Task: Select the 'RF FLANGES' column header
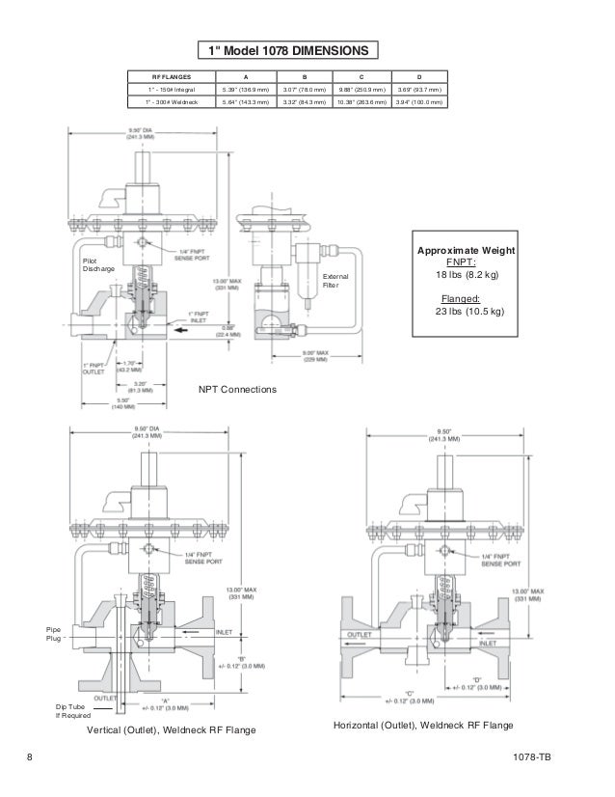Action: click(172, 74)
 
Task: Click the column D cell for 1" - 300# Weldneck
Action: click(418, 99)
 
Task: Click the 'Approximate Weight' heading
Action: click(466, 249)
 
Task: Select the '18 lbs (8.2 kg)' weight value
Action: click(466, 275)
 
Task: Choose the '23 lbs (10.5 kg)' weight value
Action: click(466, 312)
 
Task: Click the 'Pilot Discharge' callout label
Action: click(96, 264)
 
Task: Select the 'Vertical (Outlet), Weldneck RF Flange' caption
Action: click(172, 731)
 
